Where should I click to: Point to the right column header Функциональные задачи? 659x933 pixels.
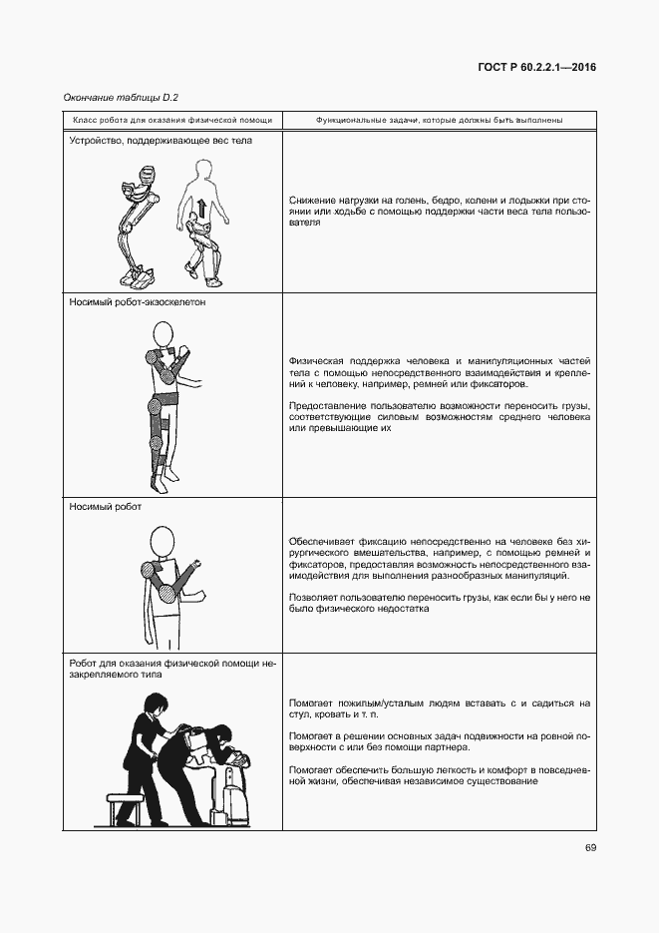439,120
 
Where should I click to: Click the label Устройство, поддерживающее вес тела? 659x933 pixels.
161,141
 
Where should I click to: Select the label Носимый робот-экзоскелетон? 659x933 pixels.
138,302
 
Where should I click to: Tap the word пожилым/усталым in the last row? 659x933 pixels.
379,703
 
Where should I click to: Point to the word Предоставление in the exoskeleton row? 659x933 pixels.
331,406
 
